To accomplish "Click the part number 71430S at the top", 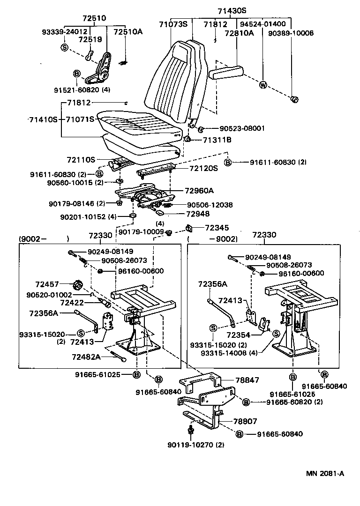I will click(x=232, y=11).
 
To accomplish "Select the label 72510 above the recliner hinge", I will click(x=94, y=18).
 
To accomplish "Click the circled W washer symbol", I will click(x=262, y=85).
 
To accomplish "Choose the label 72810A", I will click(x=239, y=33).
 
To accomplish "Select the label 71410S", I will click(x=43, y=119).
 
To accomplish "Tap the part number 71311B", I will click(x=217, y=140).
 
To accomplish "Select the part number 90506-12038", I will click(x=210, y=205).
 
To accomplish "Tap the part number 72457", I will click(x=47, y=284).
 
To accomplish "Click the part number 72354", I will click(x=238, y=335).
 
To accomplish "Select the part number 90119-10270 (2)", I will click(x=193, y=444).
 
